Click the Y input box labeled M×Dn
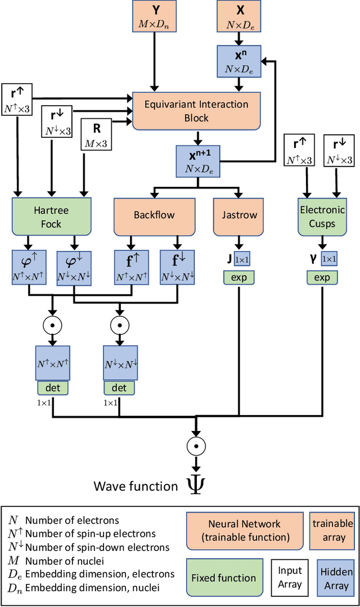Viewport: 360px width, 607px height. click(154, 16)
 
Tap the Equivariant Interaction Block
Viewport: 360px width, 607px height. click(196, 111)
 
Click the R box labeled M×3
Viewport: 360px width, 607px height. click(97, 134)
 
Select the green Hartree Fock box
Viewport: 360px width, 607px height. click(51, 217)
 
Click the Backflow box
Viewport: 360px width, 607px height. click(154, 215)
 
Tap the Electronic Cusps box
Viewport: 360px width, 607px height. click(322, 217)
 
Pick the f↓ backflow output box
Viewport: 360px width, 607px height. click(177, 266)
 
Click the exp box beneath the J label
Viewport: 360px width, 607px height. click(240, 277)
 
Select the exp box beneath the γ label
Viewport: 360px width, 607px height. click(322, 277)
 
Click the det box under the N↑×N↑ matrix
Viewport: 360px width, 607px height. click(52, 388)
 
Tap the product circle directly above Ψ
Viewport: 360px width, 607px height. click(196, 446)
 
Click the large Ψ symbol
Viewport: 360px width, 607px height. click(196, 485)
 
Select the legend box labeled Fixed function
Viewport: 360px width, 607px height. click(224, 578)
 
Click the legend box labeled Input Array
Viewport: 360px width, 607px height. click(290, 578)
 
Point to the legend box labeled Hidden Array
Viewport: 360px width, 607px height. click(336, 578)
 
